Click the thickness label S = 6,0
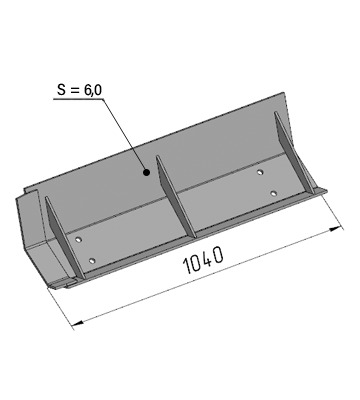point(79,90)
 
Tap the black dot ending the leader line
point(146,172)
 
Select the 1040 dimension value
point(203,260)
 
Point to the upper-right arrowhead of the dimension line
point(336,229)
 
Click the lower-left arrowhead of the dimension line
point(77,323)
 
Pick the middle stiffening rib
point(176,197)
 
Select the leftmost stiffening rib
point(64,237)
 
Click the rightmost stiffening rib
point(294,153)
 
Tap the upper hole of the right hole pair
point(260,172)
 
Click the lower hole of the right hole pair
point(274,193)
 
